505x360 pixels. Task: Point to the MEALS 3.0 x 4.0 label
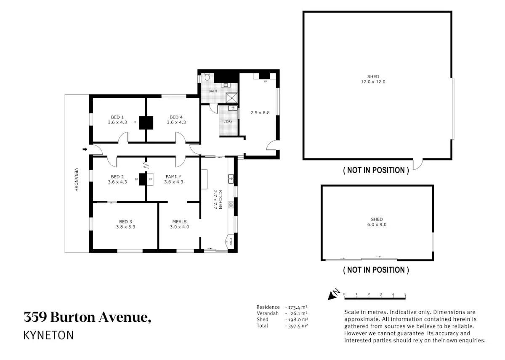(179, 224)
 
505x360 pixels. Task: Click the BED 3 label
(125, 222)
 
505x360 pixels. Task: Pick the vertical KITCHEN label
(221, 200)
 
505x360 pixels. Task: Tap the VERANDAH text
(76, 180)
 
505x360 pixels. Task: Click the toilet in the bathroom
(207, 77)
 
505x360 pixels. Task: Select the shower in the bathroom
(232, 98)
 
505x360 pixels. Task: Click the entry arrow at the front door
(85, 149)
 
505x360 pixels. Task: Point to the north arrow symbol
(333, 294)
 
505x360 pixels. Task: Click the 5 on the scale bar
(405, 294)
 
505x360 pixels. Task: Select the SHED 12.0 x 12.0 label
(373, 79)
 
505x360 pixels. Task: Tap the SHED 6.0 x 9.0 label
(377, 222)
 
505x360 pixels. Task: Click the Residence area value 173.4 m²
(298, 307)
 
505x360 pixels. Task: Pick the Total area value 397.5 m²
(298, 326)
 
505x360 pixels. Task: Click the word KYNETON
(48, 335)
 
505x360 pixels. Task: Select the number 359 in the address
(35, 317)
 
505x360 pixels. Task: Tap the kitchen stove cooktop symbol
(231, 205)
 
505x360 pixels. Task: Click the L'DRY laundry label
(228, 121)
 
